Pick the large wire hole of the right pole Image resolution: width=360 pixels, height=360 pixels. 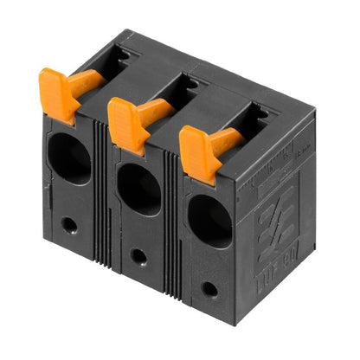pyautogui.click(x=209, y=220)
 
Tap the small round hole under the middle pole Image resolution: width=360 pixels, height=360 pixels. pyautogui.click(x=138, y=257)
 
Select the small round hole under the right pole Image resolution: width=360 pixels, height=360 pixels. pyautogui.click(x=209, y=288)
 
